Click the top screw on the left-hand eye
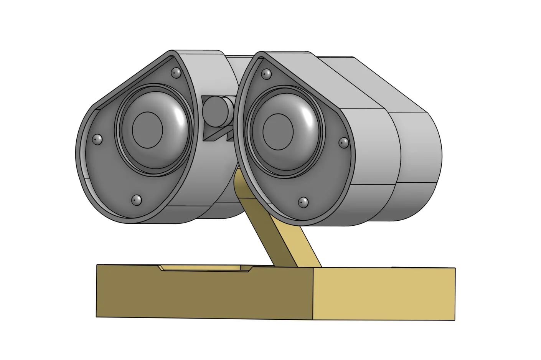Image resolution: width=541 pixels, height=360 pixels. pos(176,72)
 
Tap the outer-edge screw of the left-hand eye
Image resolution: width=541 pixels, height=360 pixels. pos(97,139)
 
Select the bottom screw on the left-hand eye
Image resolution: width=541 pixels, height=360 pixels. pos(137,200)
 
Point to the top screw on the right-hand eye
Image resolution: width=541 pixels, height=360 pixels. pos(266,74)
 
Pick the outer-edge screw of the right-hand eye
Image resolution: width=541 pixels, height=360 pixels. pos(344,143)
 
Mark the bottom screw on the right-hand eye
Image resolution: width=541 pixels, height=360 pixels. pos(303,202)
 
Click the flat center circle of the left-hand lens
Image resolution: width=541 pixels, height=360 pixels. pos(147,130)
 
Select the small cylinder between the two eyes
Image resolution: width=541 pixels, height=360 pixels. pos(216,111)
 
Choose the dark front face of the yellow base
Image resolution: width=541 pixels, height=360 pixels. pos(203,294)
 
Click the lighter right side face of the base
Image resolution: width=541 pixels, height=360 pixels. pos(384,294)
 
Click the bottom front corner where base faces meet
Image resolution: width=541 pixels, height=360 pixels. pos(314,319)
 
